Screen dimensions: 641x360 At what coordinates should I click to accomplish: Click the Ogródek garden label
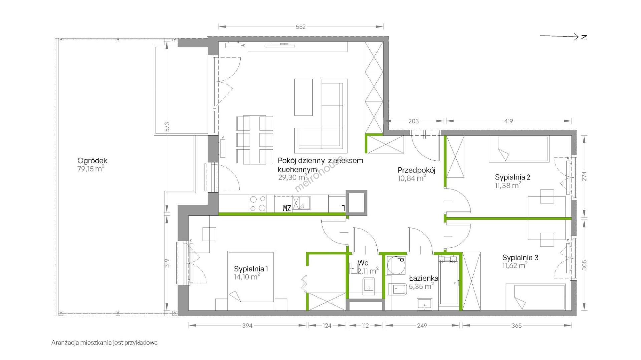92,161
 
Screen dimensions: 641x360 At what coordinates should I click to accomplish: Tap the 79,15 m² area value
91,169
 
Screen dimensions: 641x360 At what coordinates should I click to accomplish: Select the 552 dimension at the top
301,27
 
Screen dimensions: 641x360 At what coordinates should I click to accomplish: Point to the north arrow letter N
584,37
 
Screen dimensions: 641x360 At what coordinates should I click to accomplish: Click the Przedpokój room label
416,170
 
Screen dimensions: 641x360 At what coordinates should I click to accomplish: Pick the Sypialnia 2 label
512,177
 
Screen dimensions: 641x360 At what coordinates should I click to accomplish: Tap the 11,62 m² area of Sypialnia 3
515,266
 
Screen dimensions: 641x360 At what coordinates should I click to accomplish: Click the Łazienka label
424,278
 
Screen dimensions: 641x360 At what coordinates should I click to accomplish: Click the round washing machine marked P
396,266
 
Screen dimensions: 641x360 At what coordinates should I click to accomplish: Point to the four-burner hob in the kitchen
258,204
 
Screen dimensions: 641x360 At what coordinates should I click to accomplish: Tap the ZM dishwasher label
287,208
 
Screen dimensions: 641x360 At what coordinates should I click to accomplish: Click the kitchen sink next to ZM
304,203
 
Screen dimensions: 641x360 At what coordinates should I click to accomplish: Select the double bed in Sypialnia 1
251,277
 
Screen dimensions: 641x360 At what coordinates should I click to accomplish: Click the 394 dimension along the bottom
247,326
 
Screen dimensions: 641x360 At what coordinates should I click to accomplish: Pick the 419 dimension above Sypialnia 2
508,121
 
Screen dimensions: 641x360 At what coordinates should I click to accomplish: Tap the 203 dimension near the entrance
413,121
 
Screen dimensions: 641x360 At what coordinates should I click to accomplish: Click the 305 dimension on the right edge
584,265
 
